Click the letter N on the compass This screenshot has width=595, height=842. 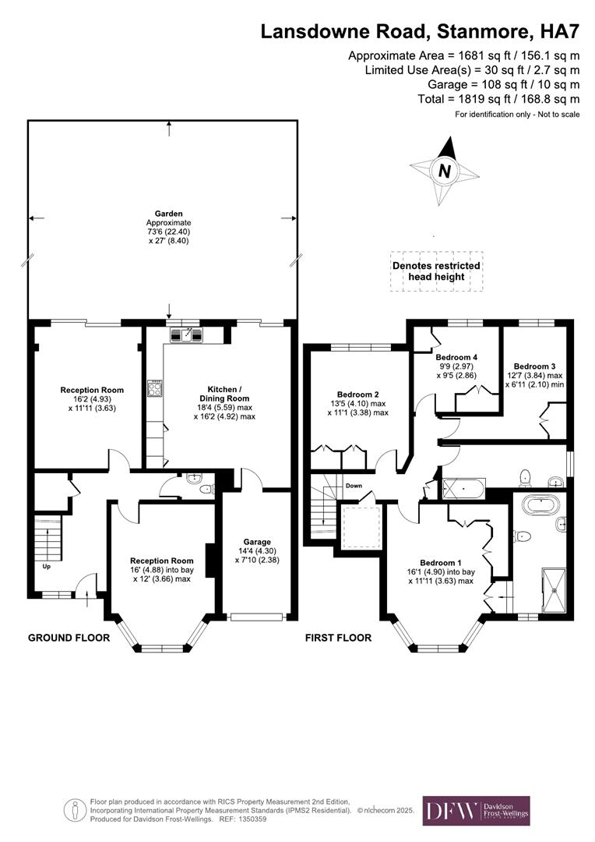coord(444,171)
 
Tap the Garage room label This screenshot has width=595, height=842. coord(256,542)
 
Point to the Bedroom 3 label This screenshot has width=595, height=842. coord(534,366)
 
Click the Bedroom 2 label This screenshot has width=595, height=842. coord(357,394)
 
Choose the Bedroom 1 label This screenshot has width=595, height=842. coord(441,562)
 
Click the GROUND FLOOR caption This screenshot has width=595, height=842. coord(69,638)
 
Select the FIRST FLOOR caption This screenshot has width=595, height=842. coord(337,638)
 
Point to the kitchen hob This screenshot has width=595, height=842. coord(155,387)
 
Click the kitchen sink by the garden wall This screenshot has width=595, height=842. coord(185,334)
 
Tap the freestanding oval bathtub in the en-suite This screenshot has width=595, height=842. coord(542,504)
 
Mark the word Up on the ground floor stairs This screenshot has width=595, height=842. coord(47,566)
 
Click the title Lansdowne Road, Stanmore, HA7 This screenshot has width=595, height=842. coord(420,31)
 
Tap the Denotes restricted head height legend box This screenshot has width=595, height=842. coord(436,271)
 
